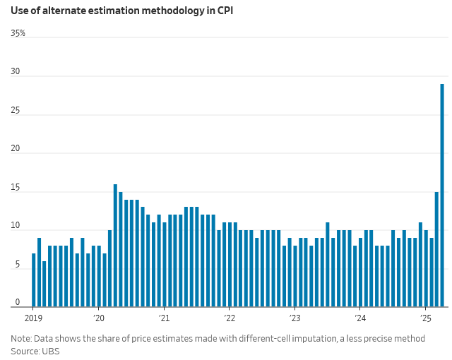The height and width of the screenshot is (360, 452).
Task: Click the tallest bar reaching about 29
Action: pyautogui.click(x=442, y=195)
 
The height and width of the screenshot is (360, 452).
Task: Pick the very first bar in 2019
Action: pyautogui.click(x=33, y=280)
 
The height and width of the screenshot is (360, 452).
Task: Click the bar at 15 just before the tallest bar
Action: pyautogui.click(x=436, y=248)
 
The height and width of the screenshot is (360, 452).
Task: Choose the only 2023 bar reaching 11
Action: pyautogui.click(x=328, y=264)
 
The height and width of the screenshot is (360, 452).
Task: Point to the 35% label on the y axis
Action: pyautogui.click(x=18, y=33)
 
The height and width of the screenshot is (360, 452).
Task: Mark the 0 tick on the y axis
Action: pyautogui.click(x=17, y=302)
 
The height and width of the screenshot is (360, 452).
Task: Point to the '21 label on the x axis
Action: pyautogui.click(x=164, y=318)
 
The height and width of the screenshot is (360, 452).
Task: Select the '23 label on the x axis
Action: pyautogui.click(x=295, y=318)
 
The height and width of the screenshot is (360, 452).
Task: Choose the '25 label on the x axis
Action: pyautogui.click(x=425, y=318)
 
